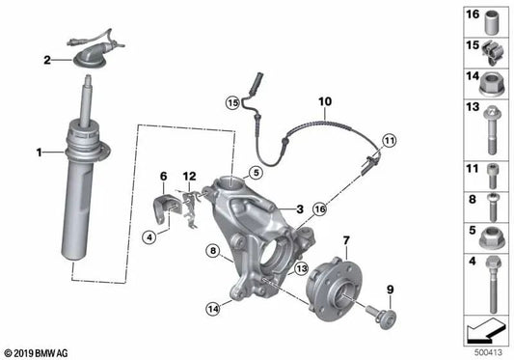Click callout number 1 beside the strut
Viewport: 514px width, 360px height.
point(39,152)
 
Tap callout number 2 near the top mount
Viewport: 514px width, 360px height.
point(45,60)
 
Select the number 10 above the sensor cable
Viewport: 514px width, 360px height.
point(323,99)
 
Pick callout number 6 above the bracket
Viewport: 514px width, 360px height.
point(163,176)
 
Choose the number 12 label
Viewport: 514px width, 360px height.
point(190,176)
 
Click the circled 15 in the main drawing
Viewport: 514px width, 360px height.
point(231,102)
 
